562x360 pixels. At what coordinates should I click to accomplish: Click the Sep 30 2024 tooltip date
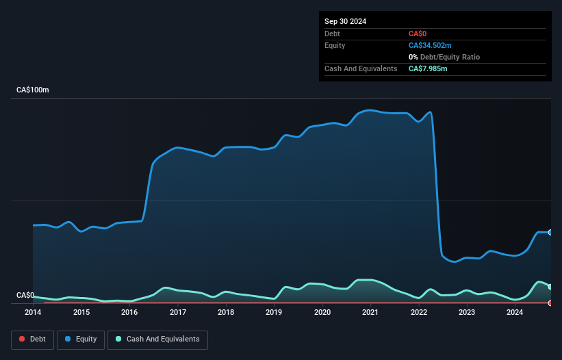346,21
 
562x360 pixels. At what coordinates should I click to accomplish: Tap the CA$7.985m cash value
428,68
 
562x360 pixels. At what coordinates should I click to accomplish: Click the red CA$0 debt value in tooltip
418,34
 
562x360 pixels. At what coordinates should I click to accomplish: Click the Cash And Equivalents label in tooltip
361,68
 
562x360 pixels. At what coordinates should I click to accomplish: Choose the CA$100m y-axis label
33,90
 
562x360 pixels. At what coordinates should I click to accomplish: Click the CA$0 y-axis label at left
25,295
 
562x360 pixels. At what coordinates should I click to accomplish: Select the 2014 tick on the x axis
33,313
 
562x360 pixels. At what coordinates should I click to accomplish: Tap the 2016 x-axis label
129,313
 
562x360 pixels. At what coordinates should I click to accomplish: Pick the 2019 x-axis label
274,313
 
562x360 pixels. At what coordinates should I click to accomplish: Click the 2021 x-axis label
370,313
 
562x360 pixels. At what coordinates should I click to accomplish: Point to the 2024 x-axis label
515,313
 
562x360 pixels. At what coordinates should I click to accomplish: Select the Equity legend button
81,339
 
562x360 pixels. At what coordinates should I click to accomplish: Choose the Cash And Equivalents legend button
157,339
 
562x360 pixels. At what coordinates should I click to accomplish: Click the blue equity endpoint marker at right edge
550,233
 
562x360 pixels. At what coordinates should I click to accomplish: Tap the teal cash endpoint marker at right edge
550,287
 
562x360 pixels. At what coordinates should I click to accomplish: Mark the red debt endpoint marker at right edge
550,303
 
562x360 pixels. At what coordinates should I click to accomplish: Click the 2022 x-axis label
418,313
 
